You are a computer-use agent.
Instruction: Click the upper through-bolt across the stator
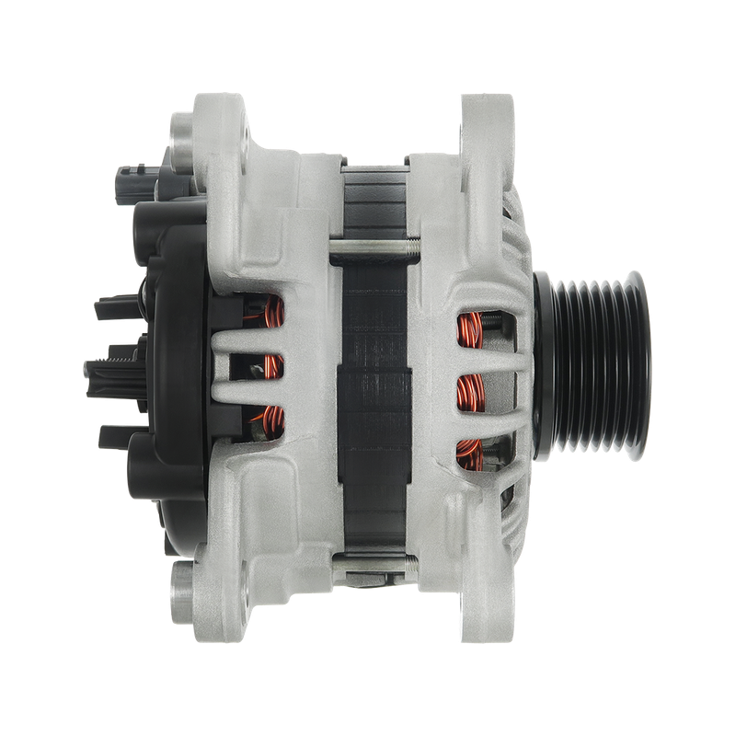click(x=373, y=246)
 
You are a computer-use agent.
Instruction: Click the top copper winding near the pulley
click(x=470, y=327)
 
